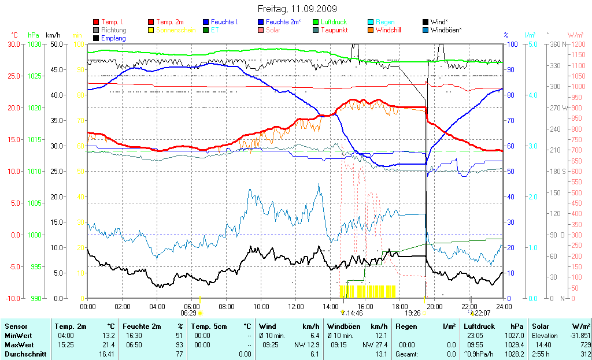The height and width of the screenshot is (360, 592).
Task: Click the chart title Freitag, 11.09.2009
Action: pos(295,9)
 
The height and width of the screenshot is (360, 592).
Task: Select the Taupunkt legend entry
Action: pos(334,30)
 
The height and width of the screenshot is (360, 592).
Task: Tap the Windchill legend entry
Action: pos(390,30)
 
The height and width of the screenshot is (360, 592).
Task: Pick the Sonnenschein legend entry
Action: pos(177,30)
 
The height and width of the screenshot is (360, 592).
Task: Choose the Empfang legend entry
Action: pos(113,38)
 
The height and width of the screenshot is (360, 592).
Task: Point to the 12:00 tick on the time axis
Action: pos(295,306)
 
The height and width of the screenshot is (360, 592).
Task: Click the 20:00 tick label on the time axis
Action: pos(434,306)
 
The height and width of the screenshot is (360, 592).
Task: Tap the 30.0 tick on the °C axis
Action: pos(13,44)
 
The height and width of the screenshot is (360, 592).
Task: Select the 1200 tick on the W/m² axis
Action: pos(579,44)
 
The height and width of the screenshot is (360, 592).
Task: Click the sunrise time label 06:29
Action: pos(188,313)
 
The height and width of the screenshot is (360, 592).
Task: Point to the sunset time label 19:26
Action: pos(413,313)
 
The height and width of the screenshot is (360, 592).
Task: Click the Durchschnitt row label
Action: pos(25,354)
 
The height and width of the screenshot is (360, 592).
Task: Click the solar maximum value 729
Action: pos(584,345)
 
